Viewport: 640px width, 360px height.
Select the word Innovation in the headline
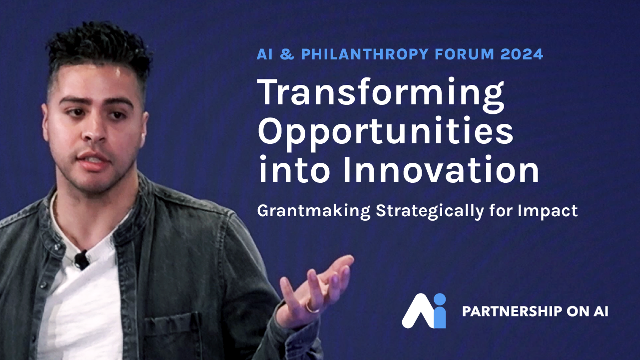(441, 170)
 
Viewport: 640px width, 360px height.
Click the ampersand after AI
(287, 54)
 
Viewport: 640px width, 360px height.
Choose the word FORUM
(465, 54)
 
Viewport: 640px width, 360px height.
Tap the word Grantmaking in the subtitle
(314, 212)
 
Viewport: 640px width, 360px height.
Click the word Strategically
(430, 212)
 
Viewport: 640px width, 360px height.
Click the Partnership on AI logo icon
(424, 311)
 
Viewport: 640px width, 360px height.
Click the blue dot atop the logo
(440, 299)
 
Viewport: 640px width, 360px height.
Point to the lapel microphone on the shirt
(82, 260)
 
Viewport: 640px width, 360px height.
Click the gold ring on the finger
(311, 308)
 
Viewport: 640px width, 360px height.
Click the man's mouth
(93, 160)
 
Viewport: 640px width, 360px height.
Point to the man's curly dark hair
(98, 48)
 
